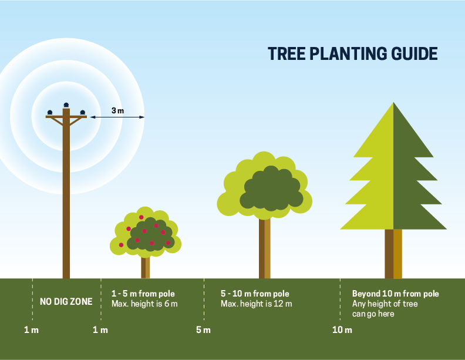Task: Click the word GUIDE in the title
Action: pyautogui.click(x=414, y=53)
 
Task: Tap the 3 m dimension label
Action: pyautogui.click(x=118, y=110)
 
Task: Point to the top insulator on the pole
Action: pyautogui.click(x=66, y=105)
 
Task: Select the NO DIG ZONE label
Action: pyautogui.click(x=66, y=302)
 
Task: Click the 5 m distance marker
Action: pyautogui.click(x=203, y=329)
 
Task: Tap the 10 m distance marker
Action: pyautogui.click(x=342, y=329)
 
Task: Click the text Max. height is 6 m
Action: pyautogui.click(x=144, y=304)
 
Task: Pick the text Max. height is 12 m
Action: pyautogui.click(x=256, y=304)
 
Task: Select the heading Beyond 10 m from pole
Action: pyautogui.click(x=395, y=294)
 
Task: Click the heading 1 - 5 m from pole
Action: pyautogui.click(x=143, y=294)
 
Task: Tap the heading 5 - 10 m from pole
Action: pyautogui.click(x=255, y=294)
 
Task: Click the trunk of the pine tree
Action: pyautogui.click(x=393, y=254)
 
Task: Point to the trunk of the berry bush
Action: pyautogui.click(x=146, y=268)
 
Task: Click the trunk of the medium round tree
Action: pyautogui.click(x=265, y=248)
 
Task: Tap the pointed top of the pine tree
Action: pyautogui.click(x=393, y=103)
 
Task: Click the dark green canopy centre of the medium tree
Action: pyautogui.click(x=271, y=189)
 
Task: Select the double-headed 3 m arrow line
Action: pyautogui.click(x=117, y=117)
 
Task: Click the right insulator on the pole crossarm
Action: pyautogui.click(x=82, y=112)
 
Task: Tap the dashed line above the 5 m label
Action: pyautogui.click(x=204, y=300)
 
